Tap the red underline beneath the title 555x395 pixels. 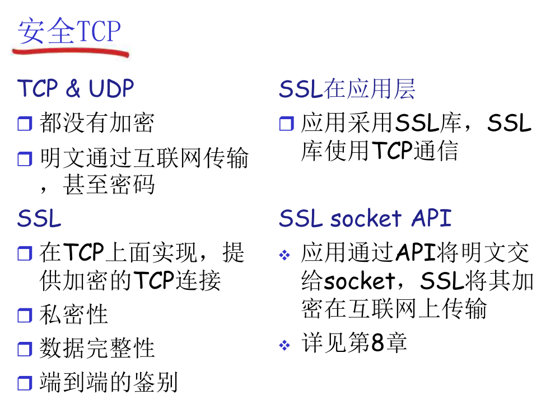tap(70, 53)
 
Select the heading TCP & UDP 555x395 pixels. tap(76, 89)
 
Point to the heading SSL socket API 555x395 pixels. tap(365, 218)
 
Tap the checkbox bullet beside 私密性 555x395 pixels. tap(25, 316)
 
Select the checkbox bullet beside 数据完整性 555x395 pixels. tap(25, 350)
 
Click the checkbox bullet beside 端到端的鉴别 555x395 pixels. tap(25, 383)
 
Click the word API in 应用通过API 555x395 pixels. tap(416, 253)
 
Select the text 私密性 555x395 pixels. tap(73, 315)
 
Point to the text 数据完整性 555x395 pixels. tap(97, 349)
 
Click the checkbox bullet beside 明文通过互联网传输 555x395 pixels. tap(25, 159)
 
